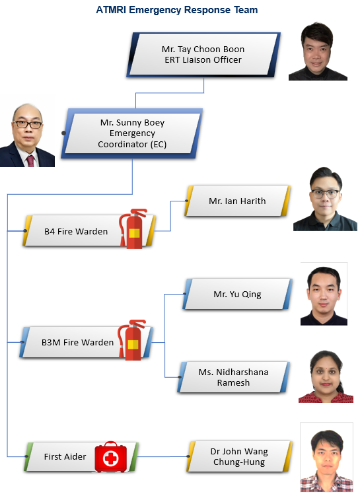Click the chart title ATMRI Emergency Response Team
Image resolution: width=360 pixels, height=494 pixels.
point(177,10)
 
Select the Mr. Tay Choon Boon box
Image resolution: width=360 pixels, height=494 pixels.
point(203,55)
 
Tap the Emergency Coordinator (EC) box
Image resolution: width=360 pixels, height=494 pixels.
point(132,133)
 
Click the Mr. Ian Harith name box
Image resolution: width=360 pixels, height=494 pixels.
point(237,201)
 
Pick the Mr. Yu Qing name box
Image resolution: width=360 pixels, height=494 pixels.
point(237,294)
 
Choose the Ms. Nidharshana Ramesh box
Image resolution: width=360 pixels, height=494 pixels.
point(234,377)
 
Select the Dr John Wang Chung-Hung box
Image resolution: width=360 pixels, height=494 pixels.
point(239,456)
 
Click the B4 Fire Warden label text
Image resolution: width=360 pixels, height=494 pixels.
point(76,231)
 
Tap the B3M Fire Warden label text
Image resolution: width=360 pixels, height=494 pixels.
point(77,342)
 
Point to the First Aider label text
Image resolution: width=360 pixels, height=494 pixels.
point(65,456)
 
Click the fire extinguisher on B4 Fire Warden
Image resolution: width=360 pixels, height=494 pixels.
point(133,229)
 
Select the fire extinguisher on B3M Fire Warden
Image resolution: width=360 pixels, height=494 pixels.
point(132,339)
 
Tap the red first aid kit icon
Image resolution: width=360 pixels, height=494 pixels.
point(111,457)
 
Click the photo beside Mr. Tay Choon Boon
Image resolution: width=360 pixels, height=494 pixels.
point(318,51)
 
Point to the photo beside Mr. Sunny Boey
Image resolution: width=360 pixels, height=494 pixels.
point(27,135)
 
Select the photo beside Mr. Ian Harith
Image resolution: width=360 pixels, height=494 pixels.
point(325,199)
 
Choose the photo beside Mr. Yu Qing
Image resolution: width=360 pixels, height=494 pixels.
point(324,294)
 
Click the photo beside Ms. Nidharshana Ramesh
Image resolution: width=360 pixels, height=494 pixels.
point(326,376)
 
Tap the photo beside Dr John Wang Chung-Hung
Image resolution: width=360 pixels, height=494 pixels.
point(326,457)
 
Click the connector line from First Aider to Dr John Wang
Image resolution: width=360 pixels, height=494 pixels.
point(162,456)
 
